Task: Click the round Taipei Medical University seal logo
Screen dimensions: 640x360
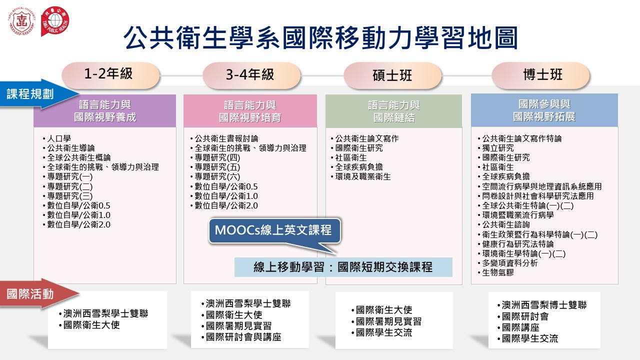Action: pos(21,21)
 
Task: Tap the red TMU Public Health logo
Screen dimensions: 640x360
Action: pos(55,21)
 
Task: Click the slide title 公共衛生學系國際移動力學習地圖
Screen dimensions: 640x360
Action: pos(320,38)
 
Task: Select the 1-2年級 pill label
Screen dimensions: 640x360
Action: pos(110,75)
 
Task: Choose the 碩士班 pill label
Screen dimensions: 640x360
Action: pos(392,75)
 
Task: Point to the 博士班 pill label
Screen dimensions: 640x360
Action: pos(540,75)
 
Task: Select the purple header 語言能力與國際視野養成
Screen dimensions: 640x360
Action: pos(105,111)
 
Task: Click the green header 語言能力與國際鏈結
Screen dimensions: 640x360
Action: pos(393,111)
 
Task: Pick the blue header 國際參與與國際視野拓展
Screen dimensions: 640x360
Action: pos(544,110)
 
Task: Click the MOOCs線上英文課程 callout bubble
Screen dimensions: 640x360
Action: pos(275,231)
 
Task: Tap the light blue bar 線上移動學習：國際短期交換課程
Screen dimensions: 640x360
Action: pos(343,267)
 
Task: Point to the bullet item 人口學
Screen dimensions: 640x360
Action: pos(57,138)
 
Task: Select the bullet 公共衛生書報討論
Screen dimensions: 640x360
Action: pos(224,138)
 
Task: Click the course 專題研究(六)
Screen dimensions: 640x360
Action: pos(215,177)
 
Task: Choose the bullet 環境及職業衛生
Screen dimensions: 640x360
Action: pos(361,177)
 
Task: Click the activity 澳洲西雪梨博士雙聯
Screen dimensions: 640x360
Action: pos(542,305)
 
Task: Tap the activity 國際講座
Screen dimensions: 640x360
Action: pos(518,327)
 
